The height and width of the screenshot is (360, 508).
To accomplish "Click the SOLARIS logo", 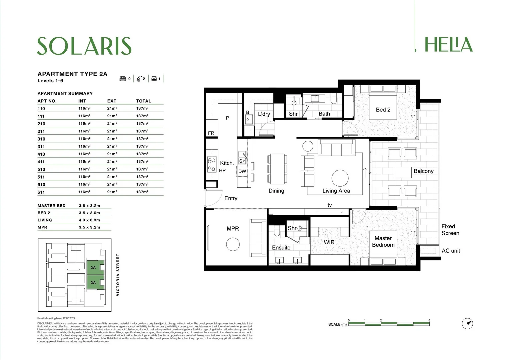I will coord(84,46).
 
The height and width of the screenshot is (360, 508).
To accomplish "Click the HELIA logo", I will coord(448,45).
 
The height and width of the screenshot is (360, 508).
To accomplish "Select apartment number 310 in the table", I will coord(41,139).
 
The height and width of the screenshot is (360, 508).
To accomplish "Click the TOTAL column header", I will coord(143,101).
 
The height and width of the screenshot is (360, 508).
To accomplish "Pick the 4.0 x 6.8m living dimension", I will coord(89,220).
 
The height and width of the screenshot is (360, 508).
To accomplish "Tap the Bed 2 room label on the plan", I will coord(383,110).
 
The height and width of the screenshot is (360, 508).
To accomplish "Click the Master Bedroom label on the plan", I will coord(383,242).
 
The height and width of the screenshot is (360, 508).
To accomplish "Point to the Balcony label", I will coord(423,171).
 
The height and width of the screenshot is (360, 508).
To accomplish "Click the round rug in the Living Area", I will coord(340,178).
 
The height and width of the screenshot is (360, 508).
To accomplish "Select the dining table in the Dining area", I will coord(277,169).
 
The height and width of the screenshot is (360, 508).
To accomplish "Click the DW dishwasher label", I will coord(242,171).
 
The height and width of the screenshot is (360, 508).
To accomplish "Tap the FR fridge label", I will coord(211,133).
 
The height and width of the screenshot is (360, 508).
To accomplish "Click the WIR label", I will coord(329,242).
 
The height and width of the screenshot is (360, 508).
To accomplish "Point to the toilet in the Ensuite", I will coord(277,231).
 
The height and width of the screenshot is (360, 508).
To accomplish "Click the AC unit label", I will coord(451,251).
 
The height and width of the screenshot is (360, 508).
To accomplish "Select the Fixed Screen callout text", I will coord(450,230).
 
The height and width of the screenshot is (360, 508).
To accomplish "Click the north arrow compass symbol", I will coord(467,323).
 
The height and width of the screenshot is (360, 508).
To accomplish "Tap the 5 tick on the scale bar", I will coord(429,321).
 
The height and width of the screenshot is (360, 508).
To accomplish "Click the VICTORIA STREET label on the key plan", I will coord(118,275).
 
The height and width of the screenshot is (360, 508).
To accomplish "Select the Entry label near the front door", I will coord(231,198).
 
